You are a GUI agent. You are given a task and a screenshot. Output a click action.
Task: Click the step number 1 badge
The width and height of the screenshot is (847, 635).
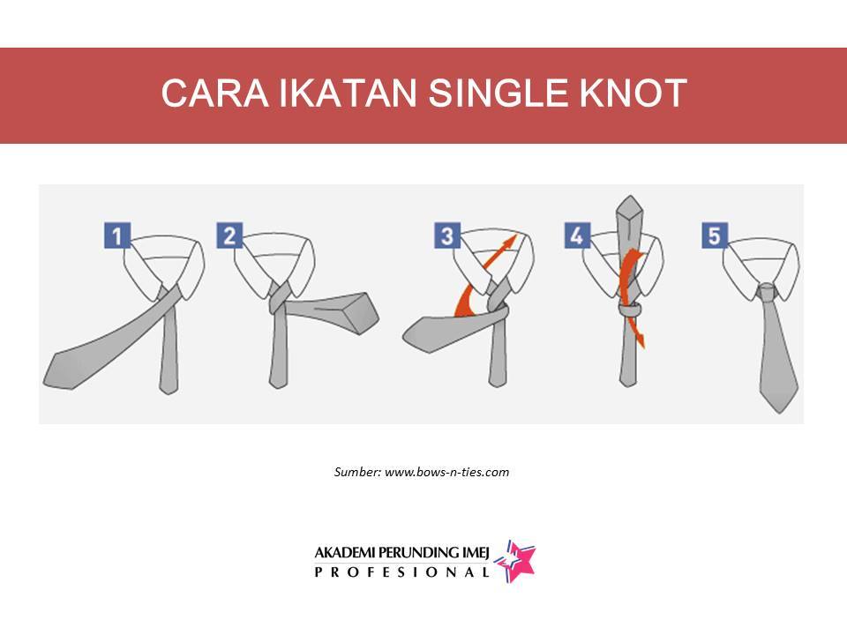[x=117, y=235]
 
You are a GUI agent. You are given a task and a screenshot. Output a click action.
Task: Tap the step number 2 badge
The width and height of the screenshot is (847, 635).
[x=229, y=235]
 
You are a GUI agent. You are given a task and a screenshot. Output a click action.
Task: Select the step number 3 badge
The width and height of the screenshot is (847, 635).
[x=447, y=235]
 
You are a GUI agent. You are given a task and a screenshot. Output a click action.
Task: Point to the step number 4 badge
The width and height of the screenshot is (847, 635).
[x=577, y=235]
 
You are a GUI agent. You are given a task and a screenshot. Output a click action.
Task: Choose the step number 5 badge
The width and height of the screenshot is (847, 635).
[x=715, y=235]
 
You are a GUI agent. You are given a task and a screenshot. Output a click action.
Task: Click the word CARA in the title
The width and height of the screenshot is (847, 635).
[x=215, y=93]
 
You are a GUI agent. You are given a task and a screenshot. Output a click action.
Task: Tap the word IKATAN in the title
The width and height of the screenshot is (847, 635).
[x=348, y=93]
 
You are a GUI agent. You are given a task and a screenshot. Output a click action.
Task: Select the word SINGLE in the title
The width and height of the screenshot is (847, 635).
[x=498, y=93]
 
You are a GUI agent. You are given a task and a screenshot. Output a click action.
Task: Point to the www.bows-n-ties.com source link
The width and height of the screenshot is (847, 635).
[x=446, y=472]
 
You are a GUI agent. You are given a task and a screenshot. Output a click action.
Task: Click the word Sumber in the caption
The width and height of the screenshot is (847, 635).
[x=357, y=472]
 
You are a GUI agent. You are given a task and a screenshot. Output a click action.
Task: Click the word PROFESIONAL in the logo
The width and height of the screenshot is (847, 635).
[x=402, y=572]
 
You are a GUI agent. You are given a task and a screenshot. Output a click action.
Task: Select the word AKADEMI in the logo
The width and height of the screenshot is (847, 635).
[x=345, y=553]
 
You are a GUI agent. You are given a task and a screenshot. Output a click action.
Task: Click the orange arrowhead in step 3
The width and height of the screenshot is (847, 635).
[x=508, y=243]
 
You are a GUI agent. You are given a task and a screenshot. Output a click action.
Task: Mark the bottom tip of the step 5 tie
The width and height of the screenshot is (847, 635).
[x=779, y=413]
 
